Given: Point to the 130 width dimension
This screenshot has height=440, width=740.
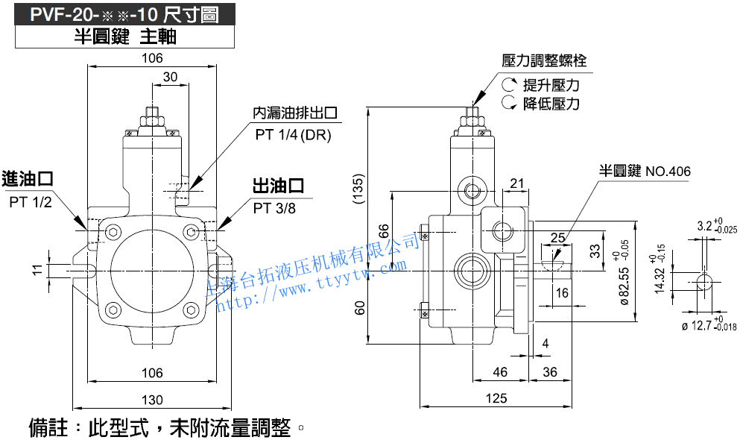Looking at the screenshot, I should coord(151,400).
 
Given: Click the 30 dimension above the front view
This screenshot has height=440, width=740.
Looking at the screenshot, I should coord(170,77).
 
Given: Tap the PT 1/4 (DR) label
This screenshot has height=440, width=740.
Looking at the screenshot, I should coord(293,135).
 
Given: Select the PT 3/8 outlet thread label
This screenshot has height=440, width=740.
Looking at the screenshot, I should coord(274,208).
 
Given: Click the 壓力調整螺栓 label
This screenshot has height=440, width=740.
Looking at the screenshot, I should coord(545,60).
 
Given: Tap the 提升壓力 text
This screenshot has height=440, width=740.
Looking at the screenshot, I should coord(551,84).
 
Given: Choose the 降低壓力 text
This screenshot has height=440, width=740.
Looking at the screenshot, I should coord(551,104).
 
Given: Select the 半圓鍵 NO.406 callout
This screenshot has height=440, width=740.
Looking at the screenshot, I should coord(645,172).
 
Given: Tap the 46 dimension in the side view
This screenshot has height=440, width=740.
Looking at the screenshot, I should coord(500,371).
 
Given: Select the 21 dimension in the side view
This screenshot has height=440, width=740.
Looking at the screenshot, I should coord(517,183).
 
